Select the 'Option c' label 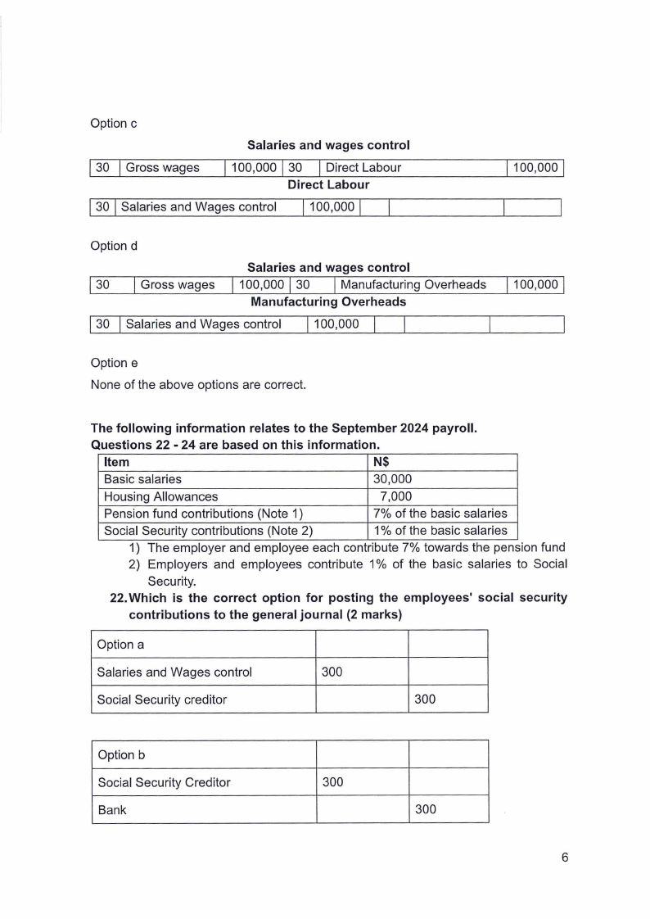pos(114,124)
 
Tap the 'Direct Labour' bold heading pos(327,185)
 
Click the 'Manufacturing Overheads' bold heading pos(327,302)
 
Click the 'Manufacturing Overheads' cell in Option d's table pos(413,285)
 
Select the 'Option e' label pos(114,363)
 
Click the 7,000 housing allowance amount pos(395,496)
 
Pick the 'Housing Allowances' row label pos(161,496)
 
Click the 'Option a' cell pos(119,645)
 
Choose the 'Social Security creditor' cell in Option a pos(161,699)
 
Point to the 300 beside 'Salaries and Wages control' pos(332,672)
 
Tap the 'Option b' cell pos(120,755)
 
